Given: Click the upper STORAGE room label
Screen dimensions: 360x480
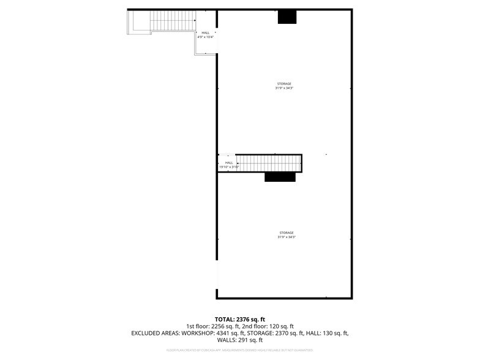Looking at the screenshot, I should coord(284,83).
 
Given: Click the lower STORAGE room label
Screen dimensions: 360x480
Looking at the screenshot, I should coord(287,233).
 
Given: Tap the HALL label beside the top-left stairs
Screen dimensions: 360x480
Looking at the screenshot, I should coord(205,33).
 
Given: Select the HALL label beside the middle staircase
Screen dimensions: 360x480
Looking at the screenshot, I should coord(229,162).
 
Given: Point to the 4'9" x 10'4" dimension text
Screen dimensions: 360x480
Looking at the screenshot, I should coord(205,37).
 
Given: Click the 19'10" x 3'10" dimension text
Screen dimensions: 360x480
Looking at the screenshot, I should coord(229,167).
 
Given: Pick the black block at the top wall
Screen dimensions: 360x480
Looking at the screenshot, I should coord(287,17).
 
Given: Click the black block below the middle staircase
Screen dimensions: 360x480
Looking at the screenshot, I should coord(280,177).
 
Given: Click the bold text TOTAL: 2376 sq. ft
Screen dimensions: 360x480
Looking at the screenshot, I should coord(240,320).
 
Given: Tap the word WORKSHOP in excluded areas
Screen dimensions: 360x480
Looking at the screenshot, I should coord(198,333).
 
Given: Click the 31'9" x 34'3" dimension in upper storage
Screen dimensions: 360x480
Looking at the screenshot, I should coord(284,88).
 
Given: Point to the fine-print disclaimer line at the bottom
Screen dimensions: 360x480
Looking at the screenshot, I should coord(240,350).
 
